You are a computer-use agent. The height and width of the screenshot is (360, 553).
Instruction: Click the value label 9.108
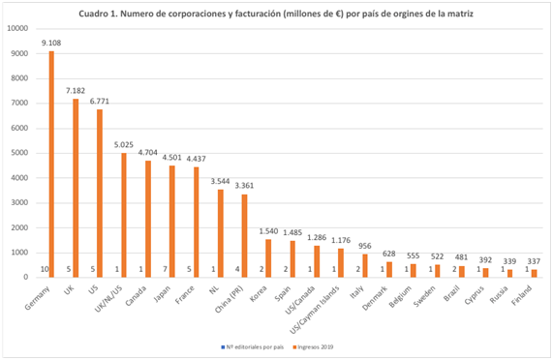click(50, 43)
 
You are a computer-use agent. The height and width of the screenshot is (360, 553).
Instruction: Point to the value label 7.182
click(76, 90)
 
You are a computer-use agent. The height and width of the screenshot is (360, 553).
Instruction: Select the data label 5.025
click(124, 144)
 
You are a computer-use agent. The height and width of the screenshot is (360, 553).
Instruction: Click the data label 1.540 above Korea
click(267, 230)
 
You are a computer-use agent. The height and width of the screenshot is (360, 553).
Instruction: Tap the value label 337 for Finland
click(532, 260)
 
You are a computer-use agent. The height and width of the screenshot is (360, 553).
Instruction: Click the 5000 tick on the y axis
click(20, 152)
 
